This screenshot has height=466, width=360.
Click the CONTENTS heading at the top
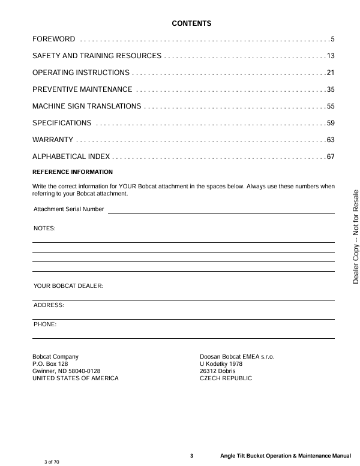(192, 24)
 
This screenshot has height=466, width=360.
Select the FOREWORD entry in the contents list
(54, 40)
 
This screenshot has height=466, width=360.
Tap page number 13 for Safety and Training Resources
(330, 56)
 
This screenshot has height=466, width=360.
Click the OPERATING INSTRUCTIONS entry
(81, 73)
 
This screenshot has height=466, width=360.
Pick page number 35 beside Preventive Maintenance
(330, 90)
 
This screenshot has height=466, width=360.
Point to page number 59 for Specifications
(330, 124)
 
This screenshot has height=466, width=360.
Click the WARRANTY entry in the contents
(53, 140)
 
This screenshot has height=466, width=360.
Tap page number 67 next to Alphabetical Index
(330, 157)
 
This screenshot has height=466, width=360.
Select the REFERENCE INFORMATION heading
(72, 172)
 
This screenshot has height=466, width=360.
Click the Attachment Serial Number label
(68, 209)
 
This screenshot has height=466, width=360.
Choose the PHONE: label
(45, 324)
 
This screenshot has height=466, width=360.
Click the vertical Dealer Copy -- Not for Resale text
(355, 236)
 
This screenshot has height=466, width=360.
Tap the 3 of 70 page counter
(52, 462)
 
